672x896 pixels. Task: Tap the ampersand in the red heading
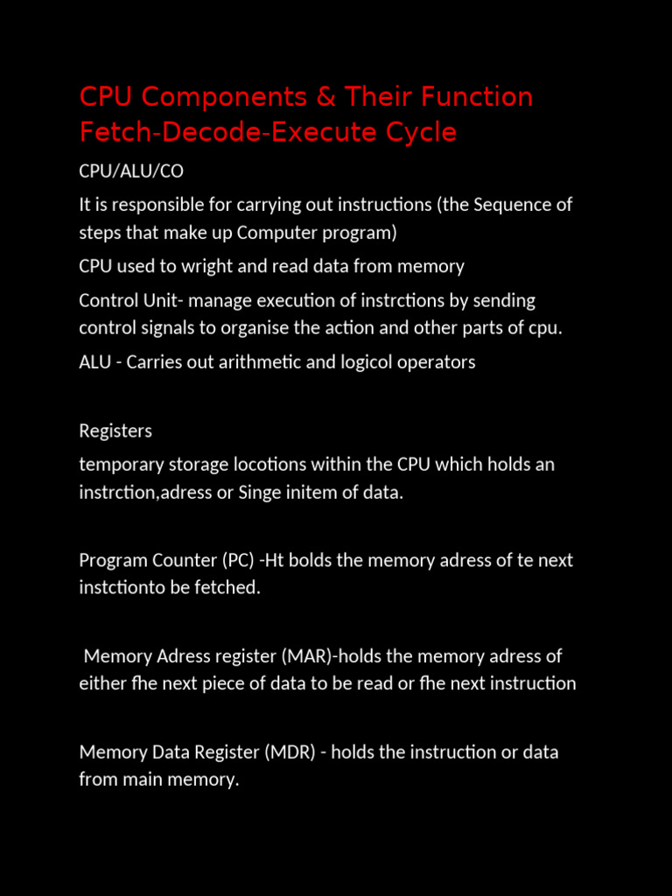(x=325, y=97)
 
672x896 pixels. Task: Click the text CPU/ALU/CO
(x=131, y=171)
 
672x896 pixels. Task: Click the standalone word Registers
(x=115, y=430)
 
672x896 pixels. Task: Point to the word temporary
(x=120, y=465)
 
